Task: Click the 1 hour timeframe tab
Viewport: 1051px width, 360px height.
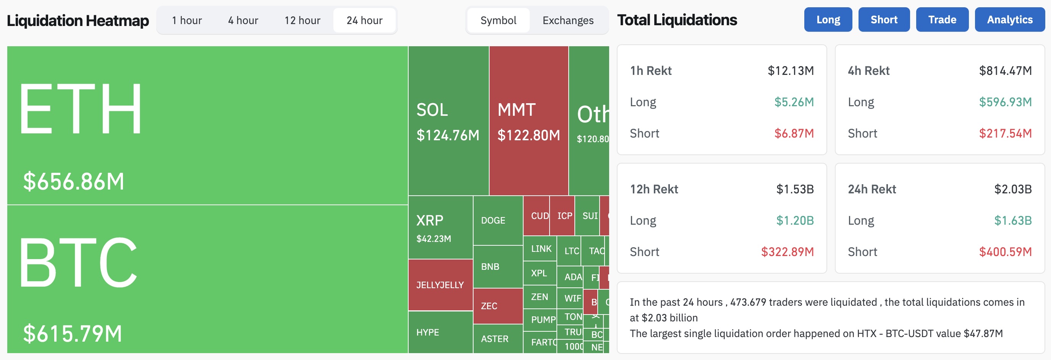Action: (x=187, y=20)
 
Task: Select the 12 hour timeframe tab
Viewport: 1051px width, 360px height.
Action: (x=302, y=20)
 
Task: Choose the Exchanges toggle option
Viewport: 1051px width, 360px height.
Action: (x=568, y=20)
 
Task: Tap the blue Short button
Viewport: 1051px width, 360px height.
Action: (x=884, y=19)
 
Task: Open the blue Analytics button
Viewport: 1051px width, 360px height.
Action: (x=1009, y=19)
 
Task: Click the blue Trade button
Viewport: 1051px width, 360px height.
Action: (x=942, y=19)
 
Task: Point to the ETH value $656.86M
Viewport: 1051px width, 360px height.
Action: (x=73, y=182)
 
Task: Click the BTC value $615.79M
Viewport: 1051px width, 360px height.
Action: (x=73, y=334)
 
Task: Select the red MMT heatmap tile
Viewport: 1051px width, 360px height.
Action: (x=528, y=121)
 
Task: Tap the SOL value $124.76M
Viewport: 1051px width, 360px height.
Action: (x=448, y=135)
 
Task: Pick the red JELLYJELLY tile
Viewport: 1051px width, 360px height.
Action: (x=440, y=285)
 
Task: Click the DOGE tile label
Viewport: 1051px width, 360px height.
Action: (x=493, y=221)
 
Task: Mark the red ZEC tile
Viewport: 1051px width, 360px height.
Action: (x=489, y=306)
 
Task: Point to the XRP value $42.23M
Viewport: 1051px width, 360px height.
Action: (x=433, y=239)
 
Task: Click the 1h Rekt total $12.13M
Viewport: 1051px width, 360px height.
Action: (x=790, y=71)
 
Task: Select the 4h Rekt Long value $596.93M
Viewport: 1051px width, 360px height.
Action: (x=1005, y=102)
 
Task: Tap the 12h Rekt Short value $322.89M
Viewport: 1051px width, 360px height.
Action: (x=787, y=252)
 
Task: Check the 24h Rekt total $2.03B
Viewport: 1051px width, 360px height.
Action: (x=1013, y=189)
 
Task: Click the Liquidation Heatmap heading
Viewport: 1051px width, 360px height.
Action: (x=78, y=20)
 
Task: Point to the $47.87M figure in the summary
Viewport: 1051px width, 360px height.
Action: (x=983, y=334)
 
